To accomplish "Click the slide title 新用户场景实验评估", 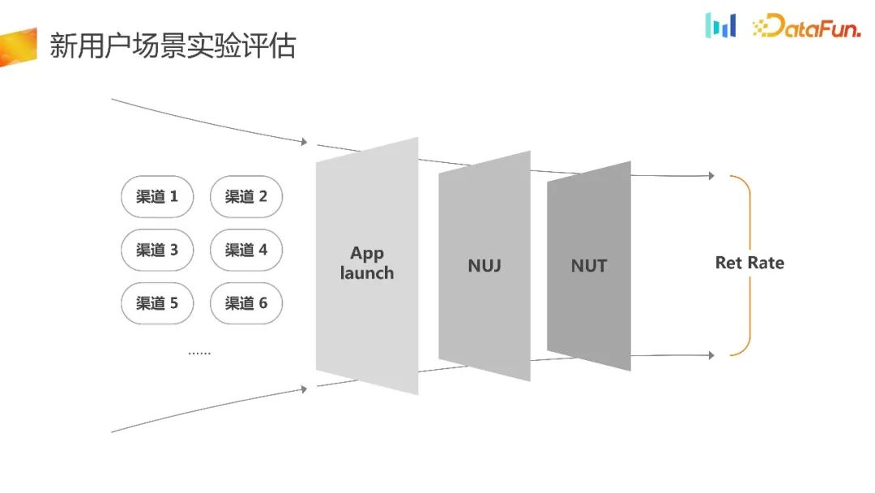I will coord(173,45).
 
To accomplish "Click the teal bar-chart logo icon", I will coord(720,25).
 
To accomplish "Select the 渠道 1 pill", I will coord(157,197).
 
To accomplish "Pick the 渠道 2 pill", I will coord(246,197).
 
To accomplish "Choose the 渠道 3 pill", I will coord(157,251).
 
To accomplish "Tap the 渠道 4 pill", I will coord(246,251).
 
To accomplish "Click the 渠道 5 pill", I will coord(157,304).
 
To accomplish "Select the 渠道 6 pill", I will coord(246,304).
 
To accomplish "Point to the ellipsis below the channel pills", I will coord(199,354).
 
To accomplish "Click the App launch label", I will coord(367,264).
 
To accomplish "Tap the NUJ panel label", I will coord(484,265).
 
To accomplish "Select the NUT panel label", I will coord(588,265).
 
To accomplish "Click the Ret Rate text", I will coord(749,263).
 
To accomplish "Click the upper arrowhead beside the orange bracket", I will coord(711,176).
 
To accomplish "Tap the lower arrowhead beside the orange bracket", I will coord(711,355).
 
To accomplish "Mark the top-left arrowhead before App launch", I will coord(304,142).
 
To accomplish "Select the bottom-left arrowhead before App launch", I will coord(304,389).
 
